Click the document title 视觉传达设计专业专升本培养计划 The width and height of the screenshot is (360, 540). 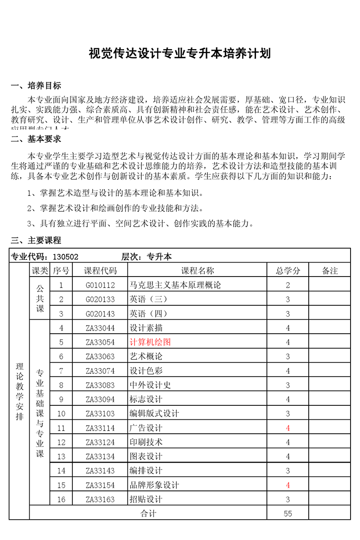[180, 54]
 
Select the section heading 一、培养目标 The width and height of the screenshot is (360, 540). [36, 86]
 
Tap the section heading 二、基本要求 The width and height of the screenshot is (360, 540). [36, 139]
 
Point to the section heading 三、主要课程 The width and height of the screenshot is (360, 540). [36, 240]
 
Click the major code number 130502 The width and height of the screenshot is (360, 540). [66, 257]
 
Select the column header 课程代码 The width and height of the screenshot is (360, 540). [100, 271]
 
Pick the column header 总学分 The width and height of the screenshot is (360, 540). [288, 271]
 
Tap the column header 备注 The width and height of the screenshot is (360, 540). [330, 271]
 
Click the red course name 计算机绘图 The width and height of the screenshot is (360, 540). [150, 342]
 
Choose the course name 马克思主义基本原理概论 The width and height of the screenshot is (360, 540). [175, 285]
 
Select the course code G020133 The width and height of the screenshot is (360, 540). [100, 299]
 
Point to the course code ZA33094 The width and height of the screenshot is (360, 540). [100, 399]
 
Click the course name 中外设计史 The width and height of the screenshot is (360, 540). [150, 385]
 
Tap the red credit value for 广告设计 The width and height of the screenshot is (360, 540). [288, 428]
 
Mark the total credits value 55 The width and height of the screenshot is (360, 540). [288, 513]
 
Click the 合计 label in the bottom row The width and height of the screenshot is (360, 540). [148, 513]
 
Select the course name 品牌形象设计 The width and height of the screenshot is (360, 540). [154, 485]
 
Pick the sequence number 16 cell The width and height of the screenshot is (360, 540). [62, 499]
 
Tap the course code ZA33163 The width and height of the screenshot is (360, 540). [100, 499]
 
